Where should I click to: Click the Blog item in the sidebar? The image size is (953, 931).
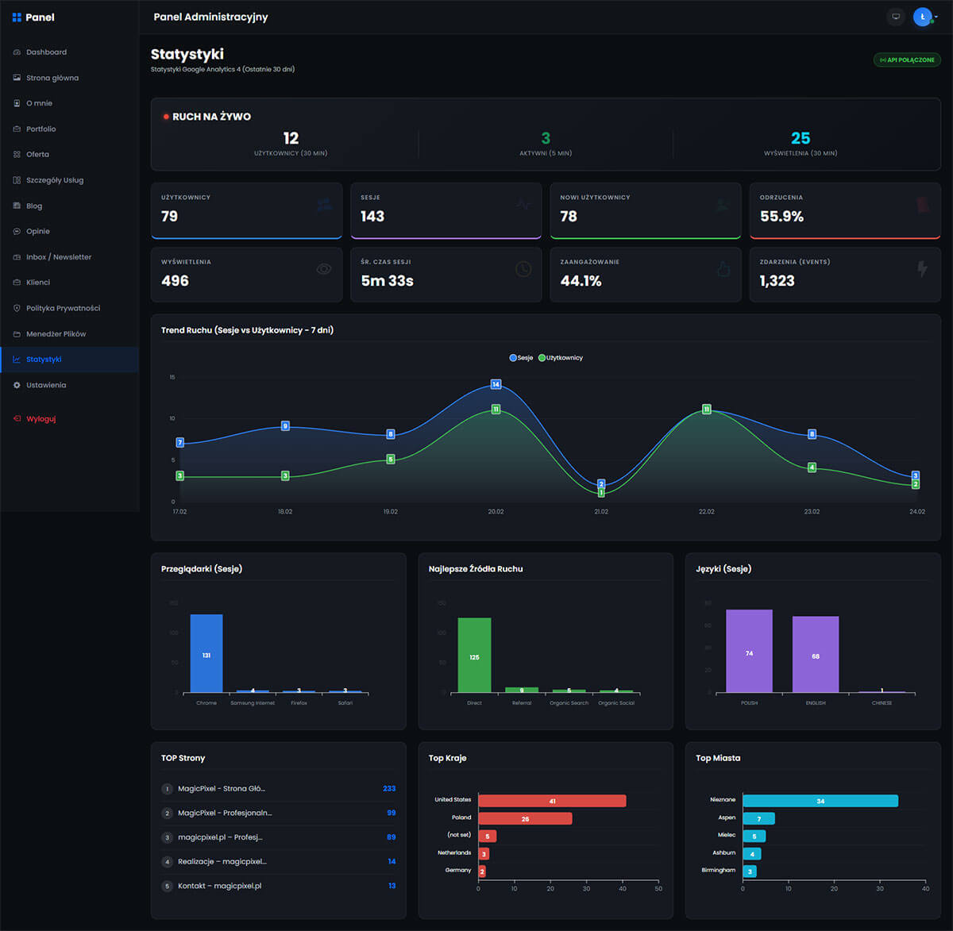(34, 206)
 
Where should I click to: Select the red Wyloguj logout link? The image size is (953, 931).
(41, 419)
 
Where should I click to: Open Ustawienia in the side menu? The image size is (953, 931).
(45, 385)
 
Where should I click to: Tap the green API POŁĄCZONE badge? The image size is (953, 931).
(907, 60)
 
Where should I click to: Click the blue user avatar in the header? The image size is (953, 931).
(922, 17)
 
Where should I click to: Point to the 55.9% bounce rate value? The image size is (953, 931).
(781, 217)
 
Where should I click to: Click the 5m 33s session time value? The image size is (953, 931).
(387, 281)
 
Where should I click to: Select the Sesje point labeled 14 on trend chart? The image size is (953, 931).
(496, 384)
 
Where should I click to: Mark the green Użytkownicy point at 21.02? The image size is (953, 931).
(601, 493)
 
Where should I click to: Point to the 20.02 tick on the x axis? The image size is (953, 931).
(496, 512)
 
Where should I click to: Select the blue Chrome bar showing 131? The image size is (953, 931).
(206, 653)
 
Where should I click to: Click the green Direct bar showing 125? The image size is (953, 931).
(474, 655)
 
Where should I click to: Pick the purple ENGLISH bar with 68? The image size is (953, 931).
(816, 654)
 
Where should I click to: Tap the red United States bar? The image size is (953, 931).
(552, 801)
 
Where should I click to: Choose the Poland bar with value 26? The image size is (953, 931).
(525, 818)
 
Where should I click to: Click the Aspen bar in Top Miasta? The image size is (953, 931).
(758, 818)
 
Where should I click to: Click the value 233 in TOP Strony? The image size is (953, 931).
(389, 789)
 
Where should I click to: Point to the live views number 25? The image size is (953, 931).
(801, 139)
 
